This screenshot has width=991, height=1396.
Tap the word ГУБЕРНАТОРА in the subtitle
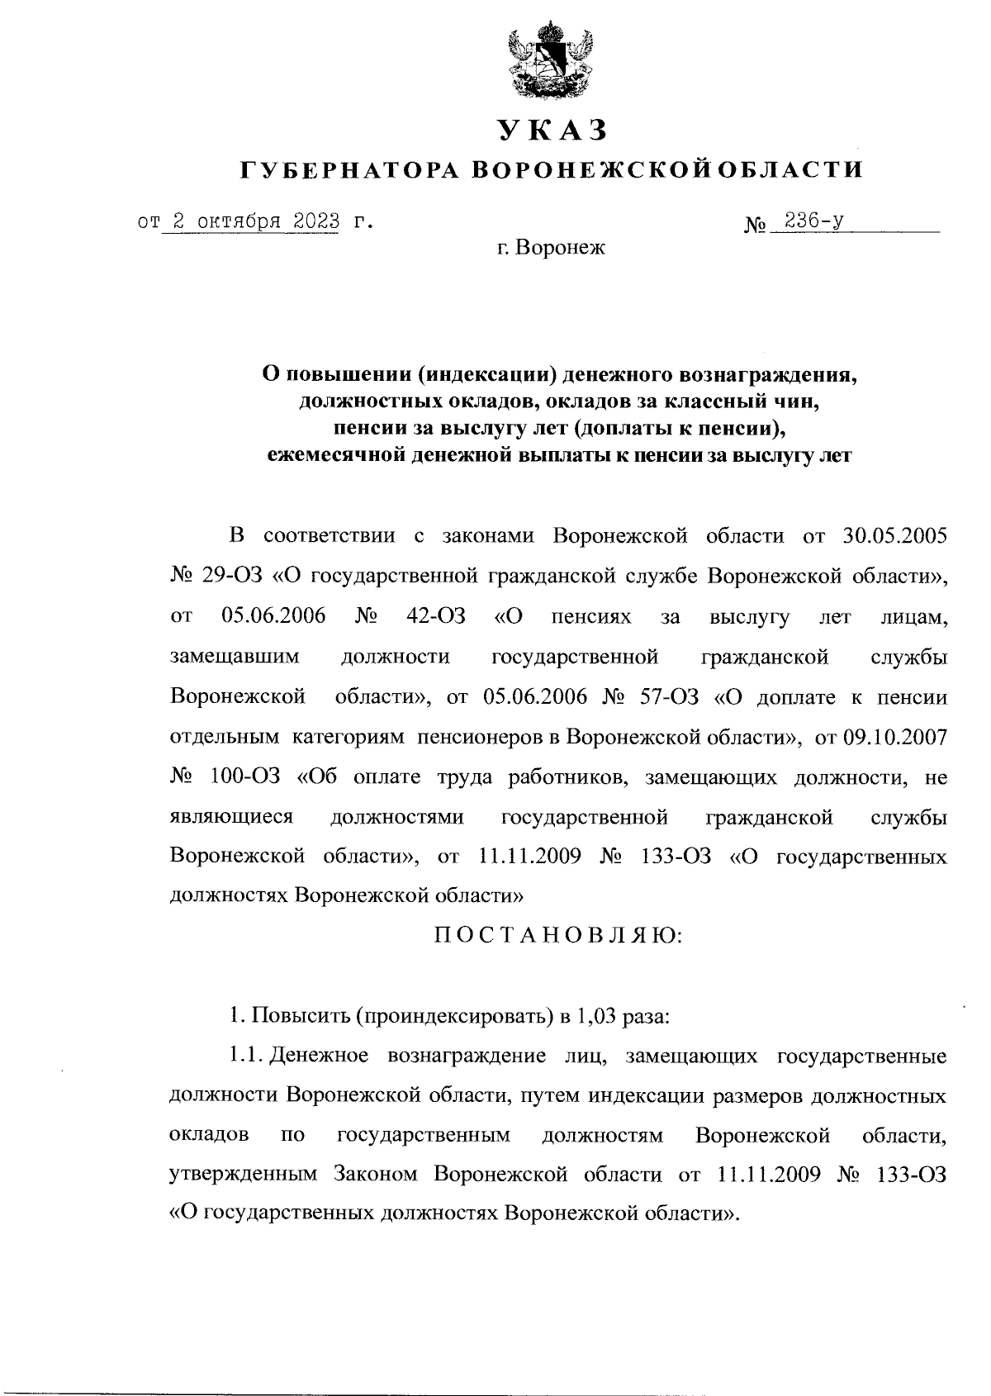pyautogui.click(x=349, y=170)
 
